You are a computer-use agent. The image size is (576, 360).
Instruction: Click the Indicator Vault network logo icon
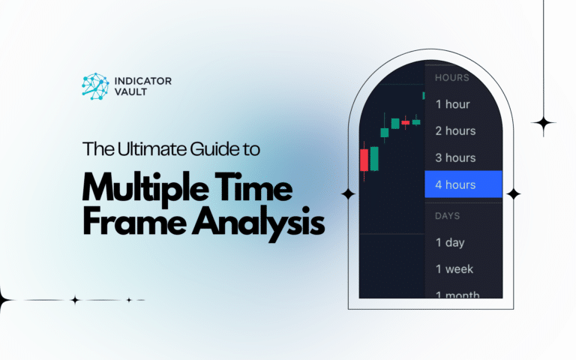(x=95, y=86)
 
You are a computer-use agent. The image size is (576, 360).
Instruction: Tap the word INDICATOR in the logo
(x=143, y=81)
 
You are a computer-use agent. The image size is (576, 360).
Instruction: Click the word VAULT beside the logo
(x=130, y=91)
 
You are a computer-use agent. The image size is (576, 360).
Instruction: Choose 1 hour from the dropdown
(x=452, y=104)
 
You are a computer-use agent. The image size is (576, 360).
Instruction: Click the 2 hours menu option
(x=455, y=131)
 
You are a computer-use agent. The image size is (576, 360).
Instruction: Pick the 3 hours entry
(x=455, y=158)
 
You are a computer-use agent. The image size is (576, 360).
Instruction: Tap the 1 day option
(x=450, y=243)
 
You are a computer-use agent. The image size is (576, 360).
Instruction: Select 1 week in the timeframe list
(x=454, y=269)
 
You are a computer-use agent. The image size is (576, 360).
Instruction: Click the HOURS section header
(x=452, y=78)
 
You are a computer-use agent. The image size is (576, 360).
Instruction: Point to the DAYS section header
(x=448, y=216)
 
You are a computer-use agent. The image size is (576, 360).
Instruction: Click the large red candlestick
(x=364, y=160)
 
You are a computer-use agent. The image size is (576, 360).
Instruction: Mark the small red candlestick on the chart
(x=406, y=123)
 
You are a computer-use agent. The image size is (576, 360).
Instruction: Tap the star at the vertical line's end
(x=543, y=123)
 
